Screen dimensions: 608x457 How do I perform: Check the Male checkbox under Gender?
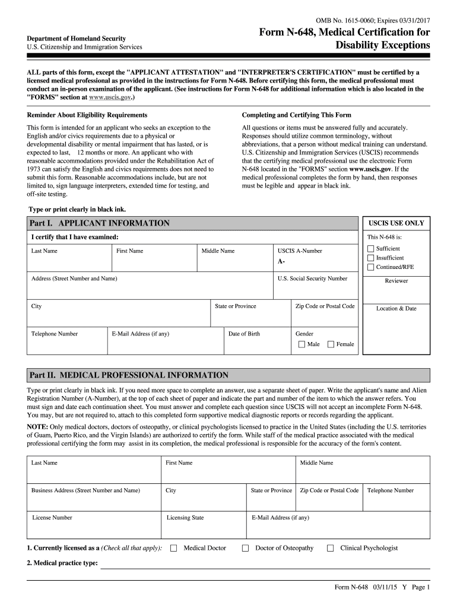pyautogui.click(x=302, y=344)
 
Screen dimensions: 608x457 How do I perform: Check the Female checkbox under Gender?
pyautogui.click(x=330, y=344)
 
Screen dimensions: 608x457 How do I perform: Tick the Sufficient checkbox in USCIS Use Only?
pyautogui.click(x=371, y=249)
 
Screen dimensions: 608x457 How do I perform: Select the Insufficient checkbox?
pyautogui.click(x=371, y=258)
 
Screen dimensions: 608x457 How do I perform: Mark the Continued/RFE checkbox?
pyautogui.click(x=371, y=267)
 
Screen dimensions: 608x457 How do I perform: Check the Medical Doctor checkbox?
pyautogui.click(x=174, y=548)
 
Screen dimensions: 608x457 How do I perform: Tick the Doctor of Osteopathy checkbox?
pyautogui.click(x=245, y=548)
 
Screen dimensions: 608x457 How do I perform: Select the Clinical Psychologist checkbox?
pyautogui.click(x=331, y=548)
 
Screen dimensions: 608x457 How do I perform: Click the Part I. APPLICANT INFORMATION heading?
pyautogui.click(x=100, y=223)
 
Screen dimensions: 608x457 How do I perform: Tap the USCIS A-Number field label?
pyautogui.click(x=300, y=251)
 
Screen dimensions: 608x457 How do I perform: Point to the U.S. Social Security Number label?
pyautogui.click(x=312, y=278)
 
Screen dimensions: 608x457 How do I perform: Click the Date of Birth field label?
pyautogui.click(x=244, y=334)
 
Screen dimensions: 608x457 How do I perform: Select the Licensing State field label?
pyautogui.click(x=185, y=518)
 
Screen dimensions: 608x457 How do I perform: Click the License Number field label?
pyautogui.click(x=52, y=518)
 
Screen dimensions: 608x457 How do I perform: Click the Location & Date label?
pyautogui.click(x=396, y=309)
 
